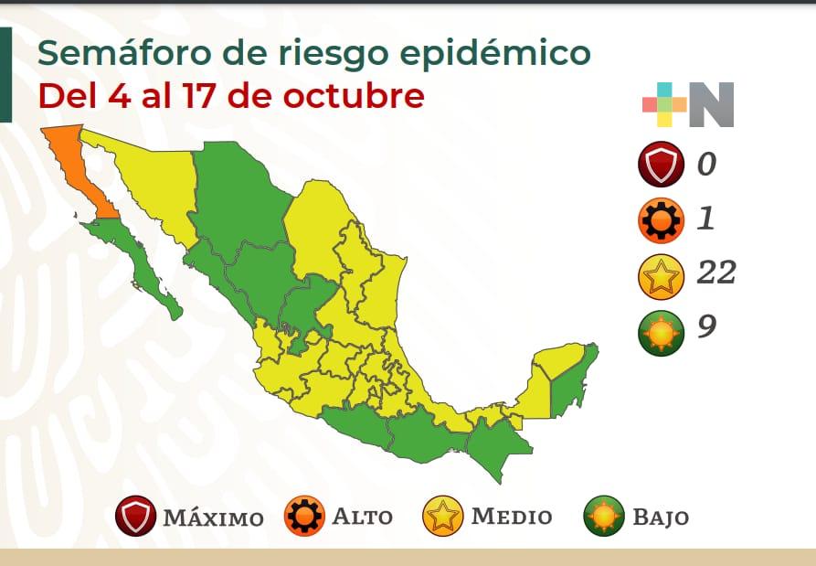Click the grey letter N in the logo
click(x=711, y=104)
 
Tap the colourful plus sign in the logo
click(x=664, y=104)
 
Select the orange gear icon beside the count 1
click(x=662, y=220)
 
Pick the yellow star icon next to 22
click(x=662, y=274)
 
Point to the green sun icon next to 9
click(x=662, y=328)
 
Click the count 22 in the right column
click(x=715, y=272)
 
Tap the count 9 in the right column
click(x=705, y=326)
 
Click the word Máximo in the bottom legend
click(x=213, y=518)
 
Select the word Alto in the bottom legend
click(x=362, y=517)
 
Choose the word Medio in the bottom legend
click(x=511, y=517)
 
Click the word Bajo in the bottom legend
click(x=660, y=517)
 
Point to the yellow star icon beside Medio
click(x=443, y=517)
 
